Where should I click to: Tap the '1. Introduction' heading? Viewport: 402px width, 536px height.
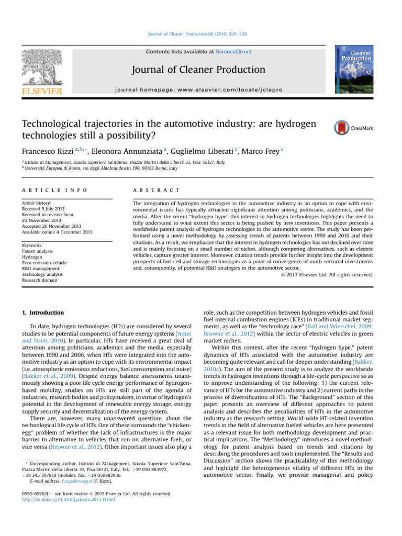(x=44, y=312)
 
